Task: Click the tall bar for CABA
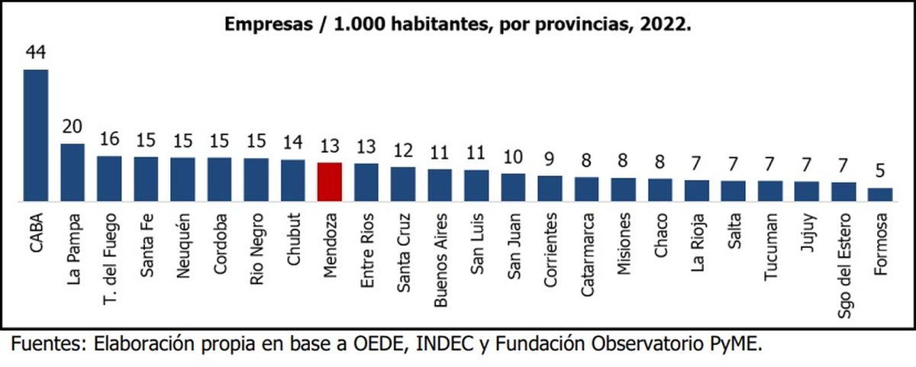(x=36, y=135)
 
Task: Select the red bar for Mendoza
(x=329, y=182)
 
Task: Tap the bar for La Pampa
(x=73, y=172)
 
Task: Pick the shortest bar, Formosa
(x=880, y=194)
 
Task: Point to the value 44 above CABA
(x=36, y=53)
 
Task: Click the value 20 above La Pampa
(x=73, y=127)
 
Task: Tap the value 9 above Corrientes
(x=550, y=159)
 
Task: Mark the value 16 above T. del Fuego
(x=109, y=140)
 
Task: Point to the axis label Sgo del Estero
(x=844, y=263)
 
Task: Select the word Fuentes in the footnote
(x=46, y=344)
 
